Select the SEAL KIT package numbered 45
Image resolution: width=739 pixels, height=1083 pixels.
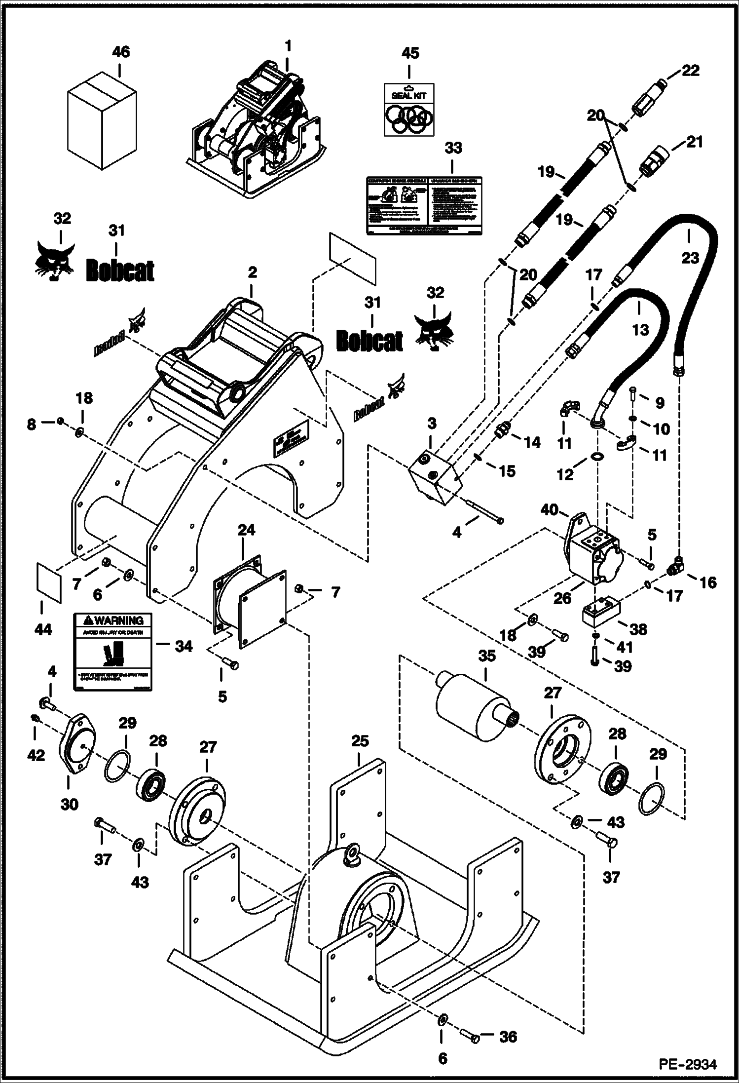point(409,109)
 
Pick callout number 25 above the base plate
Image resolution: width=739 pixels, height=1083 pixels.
point(360,741)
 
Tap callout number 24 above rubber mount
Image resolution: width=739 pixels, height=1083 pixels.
point(247,530)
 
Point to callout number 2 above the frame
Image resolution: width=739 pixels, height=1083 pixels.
point(252,272)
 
